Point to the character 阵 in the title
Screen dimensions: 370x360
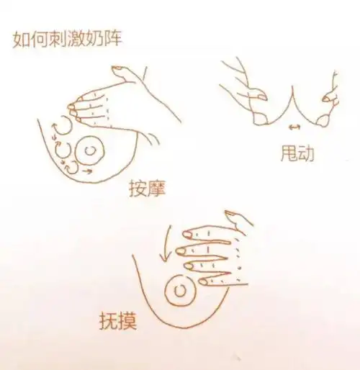pyautogui.click(x=112, y=38)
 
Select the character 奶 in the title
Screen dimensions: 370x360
pyautogui.click(x=94, y=38)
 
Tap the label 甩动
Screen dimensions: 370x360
pyautogui.click(x=297, y=153)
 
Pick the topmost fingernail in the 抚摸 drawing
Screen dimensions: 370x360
pyautogui.click(x=189, y=234)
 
